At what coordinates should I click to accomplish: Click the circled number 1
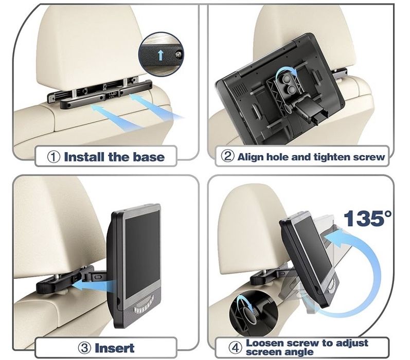tap(54, 157)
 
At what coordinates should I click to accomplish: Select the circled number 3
tap(84, 348)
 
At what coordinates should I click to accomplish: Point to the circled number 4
tap(235, 348)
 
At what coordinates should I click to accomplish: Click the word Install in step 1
tap(84, 157)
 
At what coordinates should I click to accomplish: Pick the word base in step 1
tap(149, 157)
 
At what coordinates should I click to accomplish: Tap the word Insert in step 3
tap(115, 348)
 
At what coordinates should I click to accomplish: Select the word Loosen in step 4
tap(264, 343)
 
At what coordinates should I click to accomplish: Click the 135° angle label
tap(367, 218)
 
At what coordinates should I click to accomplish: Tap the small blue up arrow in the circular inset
tap(161, 55)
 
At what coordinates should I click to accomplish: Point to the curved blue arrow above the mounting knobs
tap(287, 69)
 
